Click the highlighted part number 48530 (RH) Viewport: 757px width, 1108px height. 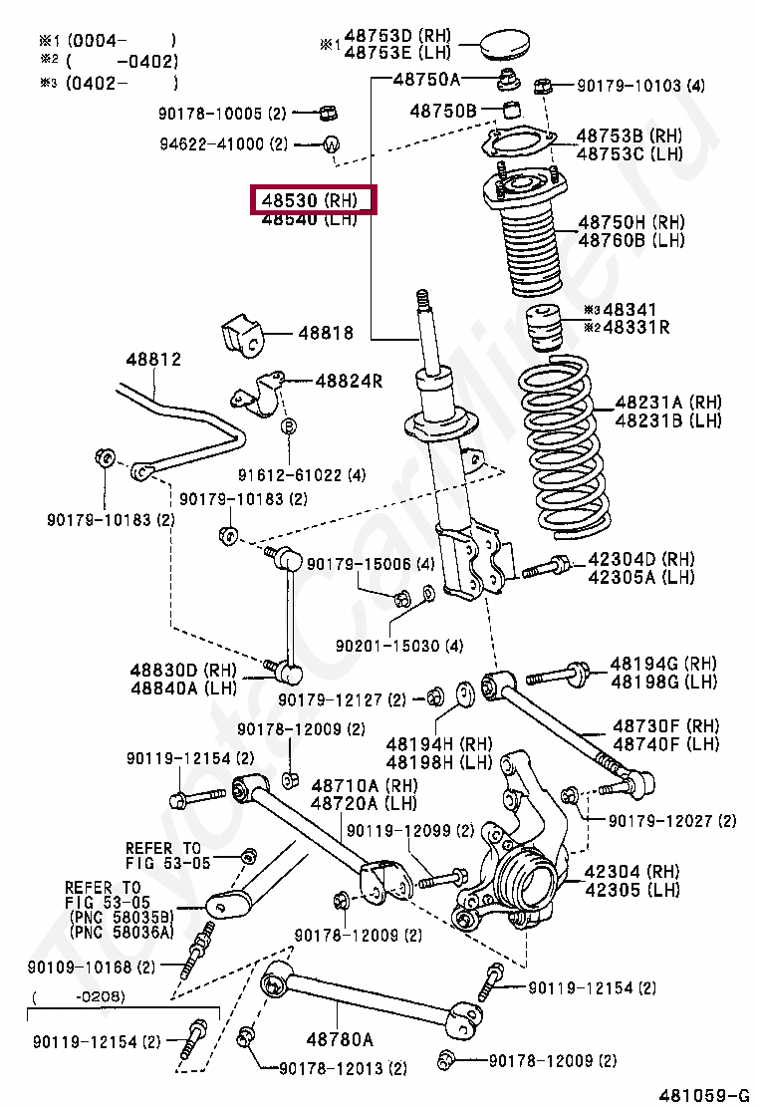pyautogui.click(x=314, y=201)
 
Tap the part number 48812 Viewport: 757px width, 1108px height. pyautogui.click(x=152, y=360)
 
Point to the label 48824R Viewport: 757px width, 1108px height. pyautogui.click(x=349, y=380)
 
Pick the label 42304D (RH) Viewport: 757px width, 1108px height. pyautogui.click(x=640, y=559)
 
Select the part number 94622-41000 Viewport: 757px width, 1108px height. pyautogui.click(x=211, y=144)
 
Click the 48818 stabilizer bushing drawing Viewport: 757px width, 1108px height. pyautogui.click(x=244, y=335)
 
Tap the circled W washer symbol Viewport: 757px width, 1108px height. pyautogui.click(x=332, y=144)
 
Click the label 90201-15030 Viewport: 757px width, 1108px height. pyautogui.click(x=373, y=646)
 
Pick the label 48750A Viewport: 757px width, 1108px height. pyautogui.click(x=426, y=79)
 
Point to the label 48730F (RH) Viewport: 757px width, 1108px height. pyautogui.click(x=665, y=726)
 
